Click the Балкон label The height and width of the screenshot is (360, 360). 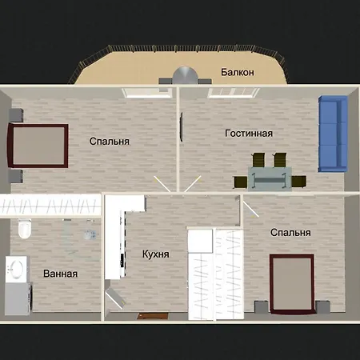pyautogui.click(x=238, y=72)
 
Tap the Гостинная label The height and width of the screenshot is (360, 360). pyautogui.click(x=249, y=133)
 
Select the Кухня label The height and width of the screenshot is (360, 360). pyautogui.click(x=156, y=254)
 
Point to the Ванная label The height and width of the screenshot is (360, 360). pyautogui.click(x=61, y=274)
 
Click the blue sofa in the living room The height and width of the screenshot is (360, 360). pyautogui.click(x=333, y=134)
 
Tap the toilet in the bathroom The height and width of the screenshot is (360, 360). pyautogui.click(x=25, y=229)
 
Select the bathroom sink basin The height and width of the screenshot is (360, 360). pyautogui.click(x=17, y=270)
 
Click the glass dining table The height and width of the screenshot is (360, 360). pyautogui.click(x=270, y=178)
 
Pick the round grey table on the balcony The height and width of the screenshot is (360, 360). pyautogui.click(x=186, y=76)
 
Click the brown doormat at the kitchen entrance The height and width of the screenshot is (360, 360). pyautogui.click(x=153, y=316)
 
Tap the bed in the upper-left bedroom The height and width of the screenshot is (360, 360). pyautogui.click(x=38, y=146)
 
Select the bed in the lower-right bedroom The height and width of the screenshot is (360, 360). pyautogui.click(x=292, y=284)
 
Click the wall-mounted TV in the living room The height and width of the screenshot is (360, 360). pyautogui.click(x=182, y=127)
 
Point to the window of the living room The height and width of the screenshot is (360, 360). pyautogui.click(x=233, y=93)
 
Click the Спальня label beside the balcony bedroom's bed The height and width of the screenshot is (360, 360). pyautogui.click(x=110, y=142)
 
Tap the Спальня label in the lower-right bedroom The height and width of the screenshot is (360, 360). pyautogui.click(x=290, y=233)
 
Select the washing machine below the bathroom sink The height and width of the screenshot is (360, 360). pyautogui.click(x=18, y=298)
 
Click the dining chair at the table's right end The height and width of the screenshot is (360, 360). pyautogui.click(x=298, y=182)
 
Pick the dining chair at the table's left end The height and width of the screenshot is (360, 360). pyautogui.click(x=241, y=182)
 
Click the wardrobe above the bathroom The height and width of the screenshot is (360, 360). pyautogui.click(x=50, y=206)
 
